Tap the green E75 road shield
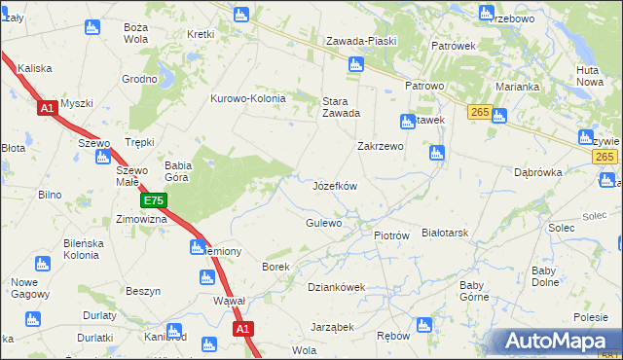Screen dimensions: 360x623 (153, 200)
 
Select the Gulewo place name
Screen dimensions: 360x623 (323, 223)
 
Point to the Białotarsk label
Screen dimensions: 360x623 (446, 234)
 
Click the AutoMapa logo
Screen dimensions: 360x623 (558, 342)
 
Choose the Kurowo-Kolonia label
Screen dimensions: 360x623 (248, 98)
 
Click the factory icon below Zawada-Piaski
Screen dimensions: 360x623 (356, 65)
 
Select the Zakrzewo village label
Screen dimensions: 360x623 (381, 146)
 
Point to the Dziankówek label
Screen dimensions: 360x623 (336, 287)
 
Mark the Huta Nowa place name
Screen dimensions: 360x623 (589, 76)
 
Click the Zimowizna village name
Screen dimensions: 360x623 (141, 219)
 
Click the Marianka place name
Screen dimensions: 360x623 (517, 87)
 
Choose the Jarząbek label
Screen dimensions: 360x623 (332, 327)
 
